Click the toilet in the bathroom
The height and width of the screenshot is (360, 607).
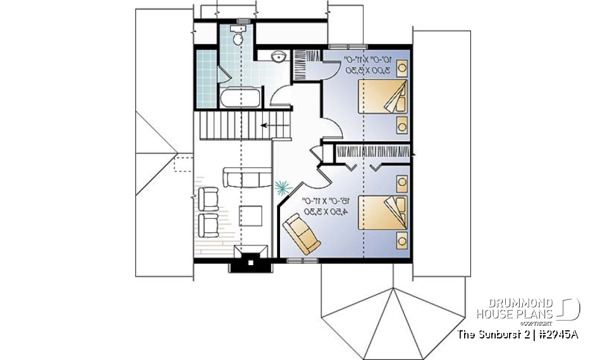tap(237, 37)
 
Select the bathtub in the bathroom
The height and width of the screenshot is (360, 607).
tap(238, 99)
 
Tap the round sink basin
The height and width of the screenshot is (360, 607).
tap(277, 58)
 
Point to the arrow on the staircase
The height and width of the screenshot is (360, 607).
tap(270, 126)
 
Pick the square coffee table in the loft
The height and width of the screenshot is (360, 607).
tap(251, 215)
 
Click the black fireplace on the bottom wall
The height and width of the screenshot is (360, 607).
tap(250, 259)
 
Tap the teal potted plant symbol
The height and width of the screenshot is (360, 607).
tap(282, 187)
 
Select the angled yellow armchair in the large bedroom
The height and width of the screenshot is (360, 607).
tap(301, 233)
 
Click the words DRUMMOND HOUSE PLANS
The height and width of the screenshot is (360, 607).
tap(515, 308)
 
